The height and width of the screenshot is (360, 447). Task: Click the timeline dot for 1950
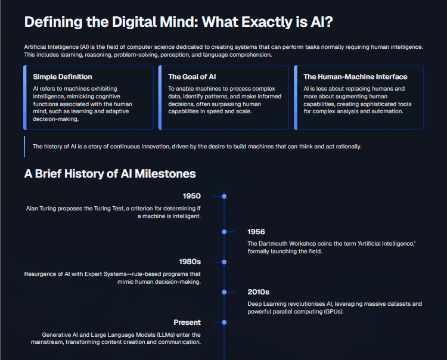pyautogui.click(x=224, y=196)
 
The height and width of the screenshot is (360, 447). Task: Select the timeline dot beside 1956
pyautogui.click(x=224, y=232)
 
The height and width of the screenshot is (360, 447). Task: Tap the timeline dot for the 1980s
pyautogui.click(x=224, y=262)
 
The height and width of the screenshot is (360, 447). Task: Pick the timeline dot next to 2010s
pyautogui.click(x=224, y=292)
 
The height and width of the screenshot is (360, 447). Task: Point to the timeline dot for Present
pyautogui.click(x=224, y=322)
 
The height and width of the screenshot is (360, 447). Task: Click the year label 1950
pyautogui.click(x=192, y=196)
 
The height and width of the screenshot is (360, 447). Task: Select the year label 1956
pyautogui.click(x=256, y=232)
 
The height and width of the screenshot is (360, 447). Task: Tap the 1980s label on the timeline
pyautogui.click(x=190, y=262)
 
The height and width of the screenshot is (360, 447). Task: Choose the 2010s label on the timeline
pyautogui.click(x=258, y=292)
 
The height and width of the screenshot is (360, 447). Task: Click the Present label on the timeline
pyautogui.click(x=187, y=322)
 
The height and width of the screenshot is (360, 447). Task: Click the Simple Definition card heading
pyautogui.click(x=63, y=77)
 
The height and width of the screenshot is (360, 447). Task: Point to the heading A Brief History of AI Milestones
pyautogui.click(x=110, y=174)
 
